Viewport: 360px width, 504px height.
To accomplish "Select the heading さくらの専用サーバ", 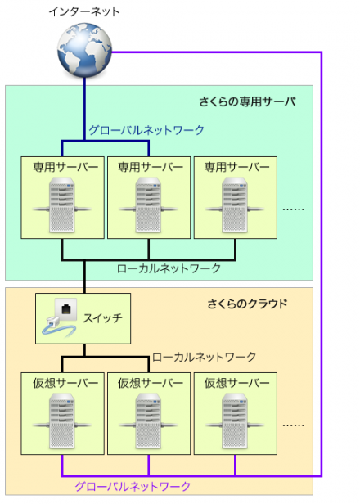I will click(246, 101).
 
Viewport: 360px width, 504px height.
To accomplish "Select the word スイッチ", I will click(106, 317).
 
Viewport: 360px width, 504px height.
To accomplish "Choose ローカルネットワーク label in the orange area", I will click(204, 357).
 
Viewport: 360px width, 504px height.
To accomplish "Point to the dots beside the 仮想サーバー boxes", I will click(293, 425).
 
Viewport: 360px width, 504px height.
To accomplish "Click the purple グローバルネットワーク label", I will click(132, 486).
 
